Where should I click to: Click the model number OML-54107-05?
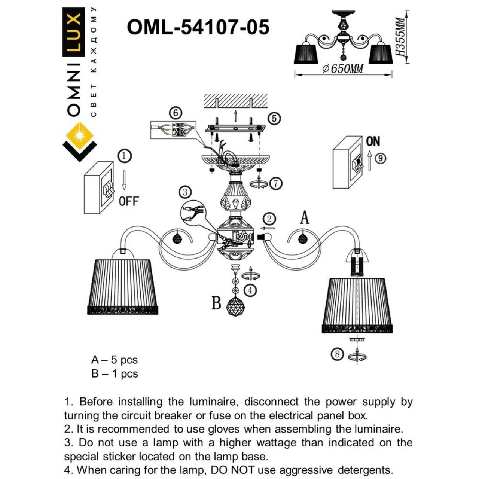point(198,27)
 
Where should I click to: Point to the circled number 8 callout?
point(338,353)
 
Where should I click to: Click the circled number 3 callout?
point(185,192)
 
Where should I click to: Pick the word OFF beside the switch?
point(128,201)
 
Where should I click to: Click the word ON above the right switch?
point(373,141)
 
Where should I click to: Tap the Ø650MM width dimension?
point(343,69)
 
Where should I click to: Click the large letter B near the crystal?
point(216,303)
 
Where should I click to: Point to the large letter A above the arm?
point(305,217)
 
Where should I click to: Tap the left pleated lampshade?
point(123,284)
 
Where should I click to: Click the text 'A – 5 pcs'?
point(115,360)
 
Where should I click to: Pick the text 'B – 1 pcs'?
point(115,373)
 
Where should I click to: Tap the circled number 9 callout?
point(380,158)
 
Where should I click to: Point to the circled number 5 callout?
point(274,119)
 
